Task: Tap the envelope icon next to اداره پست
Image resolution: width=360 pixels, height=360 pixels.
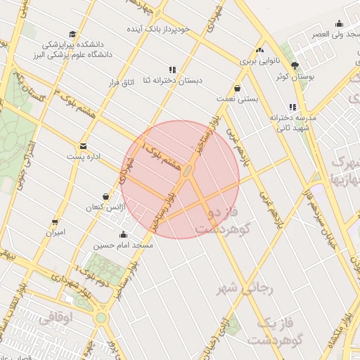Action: (x=84, y=146)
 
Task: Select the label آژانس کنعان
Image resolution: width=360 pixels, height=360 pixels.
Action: (x=104, y=207)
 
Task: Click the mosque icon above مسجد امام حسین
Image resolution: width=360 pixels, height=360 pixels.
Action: (x=124, y=235)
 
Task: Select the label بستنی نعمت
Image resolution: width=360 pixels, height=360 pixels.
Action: (x=237, y=99)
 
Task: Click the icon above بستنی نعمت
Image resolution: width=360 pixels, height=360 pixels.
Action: (x=237, y=89)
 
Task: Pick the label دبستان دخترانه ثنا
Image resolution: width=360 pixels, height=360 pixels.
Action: (x=172, y=80)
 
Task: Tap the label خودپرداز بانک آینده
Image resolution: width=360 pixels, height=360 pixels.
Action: (x=157, y=30)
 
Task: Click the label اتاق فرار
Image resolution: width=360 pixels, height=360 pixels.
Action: (x=121, y=84)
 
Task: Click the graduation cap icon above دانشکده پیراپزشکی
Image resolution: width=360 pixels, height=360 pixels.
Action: (x=72, y=34)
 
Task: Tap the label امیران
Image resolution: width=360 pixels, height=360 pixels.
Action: (x=55, y=231)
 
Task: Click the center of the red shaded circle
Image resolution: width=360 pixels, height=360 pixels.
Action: (x=180, y=179)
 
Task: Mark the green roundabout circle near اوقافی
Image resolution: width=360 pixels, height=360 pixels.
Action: (x=101, y=317)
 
